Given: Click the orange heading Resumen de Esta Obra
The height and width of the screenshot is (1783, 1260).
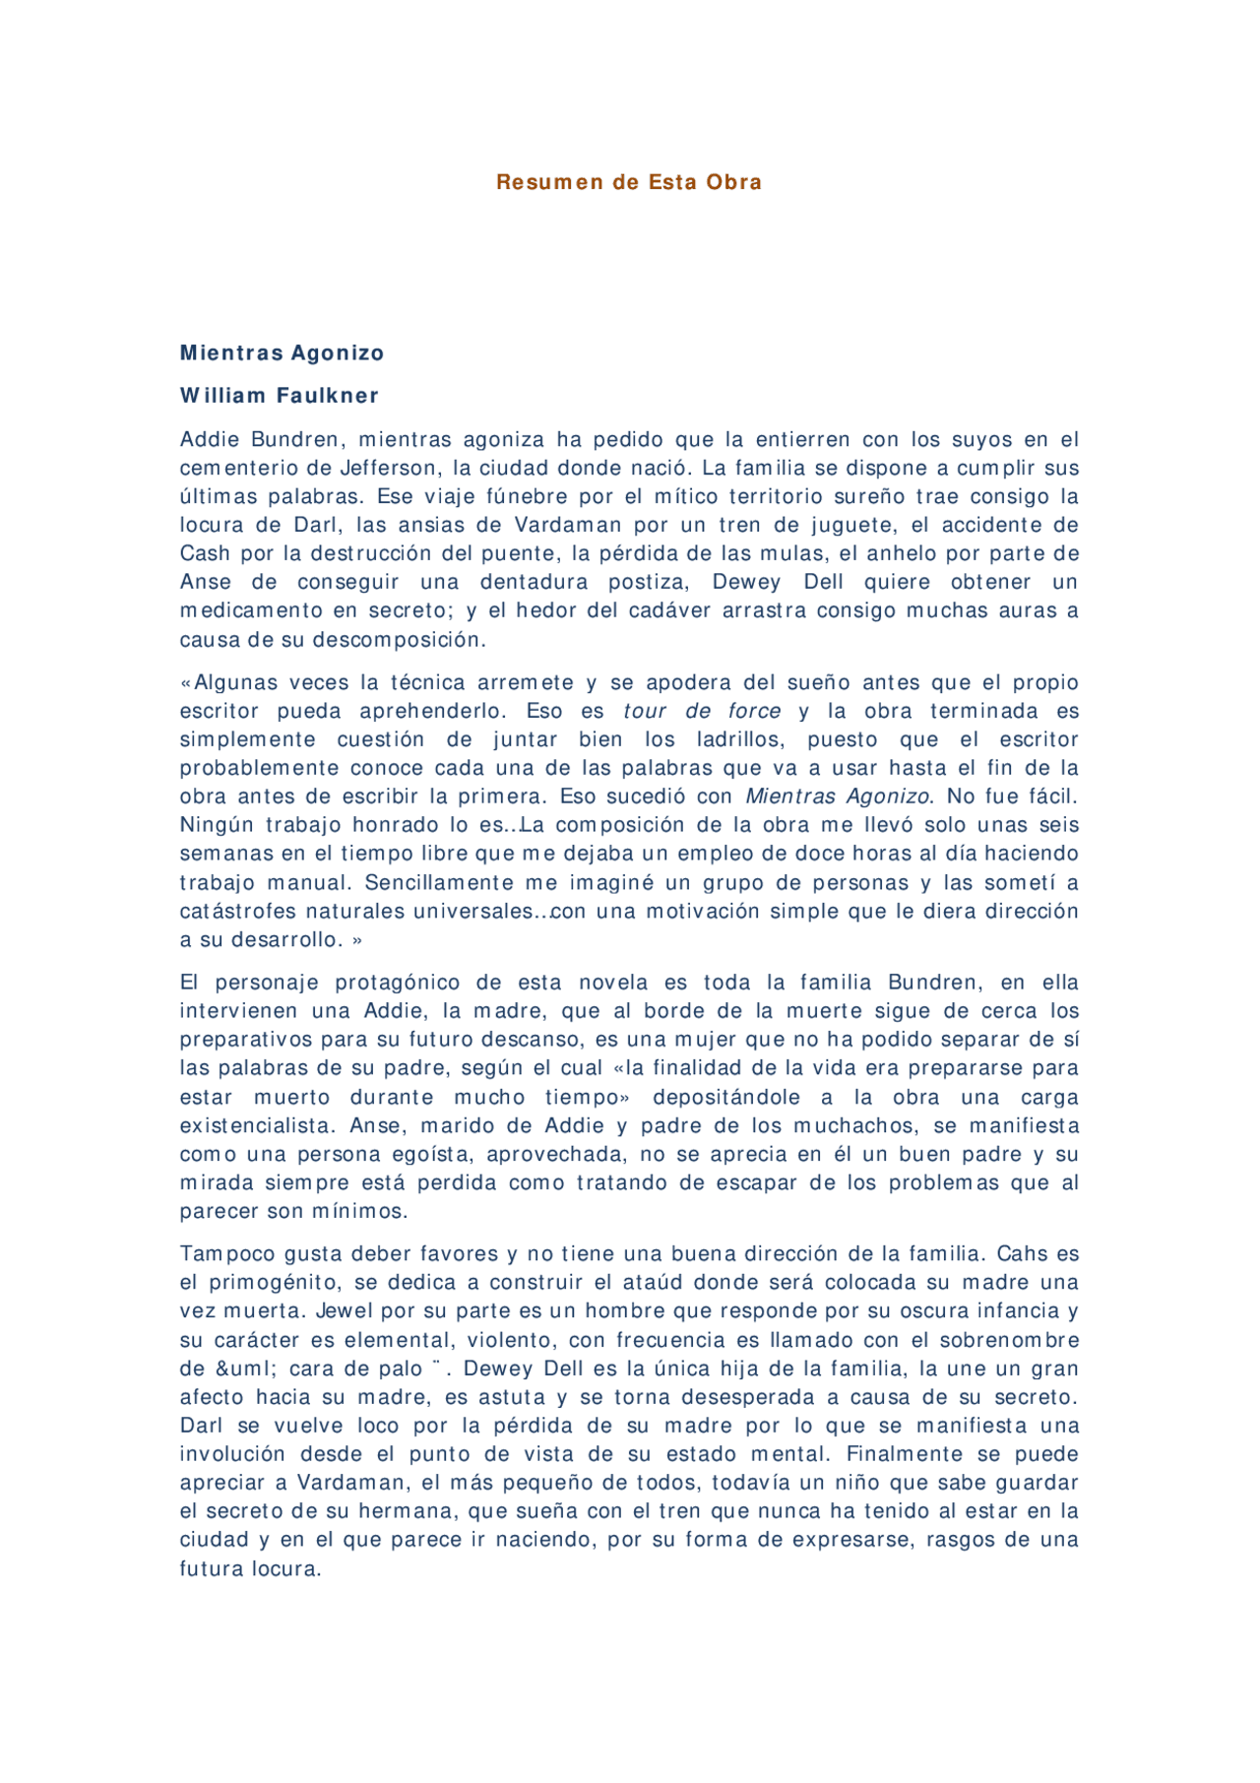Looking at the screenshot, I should tap(629, 182).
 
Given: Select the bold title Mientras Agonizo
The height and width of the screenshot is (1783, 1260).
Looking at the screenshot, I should tap(282, 352).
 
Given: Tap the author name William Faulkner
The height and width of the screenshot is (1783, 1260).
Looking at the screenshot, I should tap(280, 396).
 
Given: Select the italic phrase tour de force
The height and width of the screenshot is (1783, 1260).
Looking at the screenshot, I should tap(702, 711).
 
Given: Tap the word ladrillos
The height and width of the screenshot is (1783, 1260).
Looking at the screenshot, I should tap(739, 739).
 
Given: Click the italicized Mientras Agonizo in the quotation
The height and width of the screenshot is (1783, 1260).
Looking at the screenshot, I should tap(837, 796).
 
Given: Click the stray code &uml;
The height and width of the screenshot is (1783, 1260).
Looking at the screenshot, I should tap(244, 1369).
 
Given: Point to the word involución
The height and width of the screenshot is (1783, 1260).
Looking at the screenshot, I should tap(232, 1454).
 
